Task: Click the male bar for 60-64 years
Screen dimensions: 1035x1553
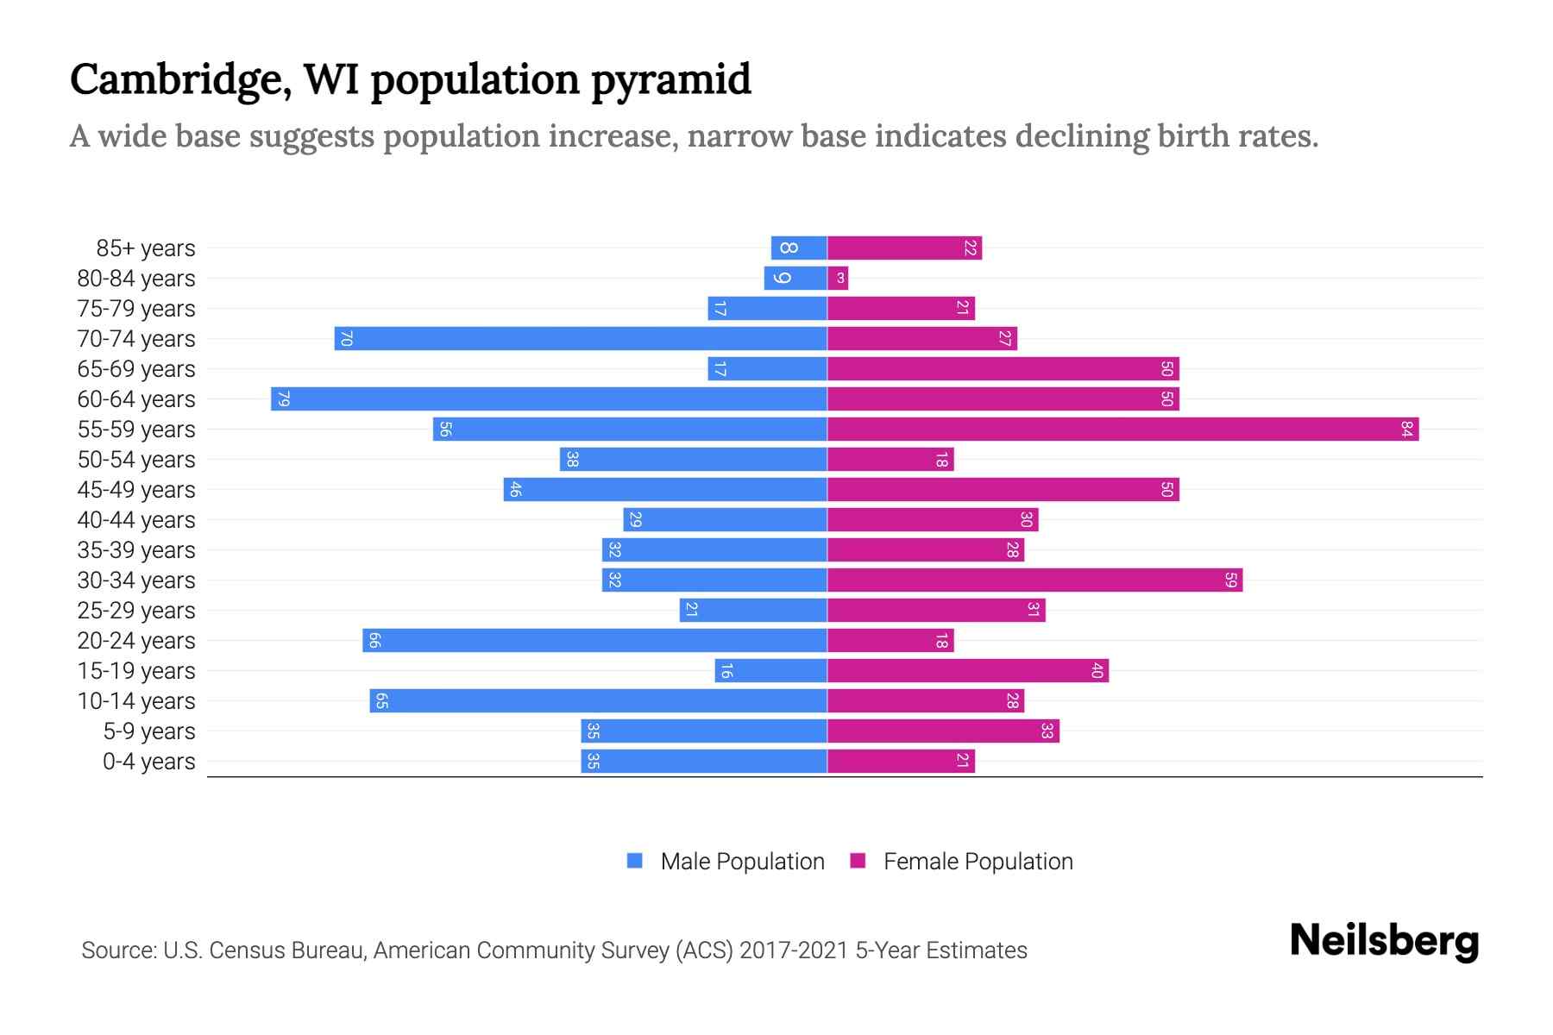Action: pos(549,399)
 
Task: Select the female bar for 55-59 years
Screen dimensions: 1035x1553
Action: pos(1122,430)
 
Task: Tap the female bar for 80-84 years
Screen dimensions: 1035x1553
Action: pos(838,279)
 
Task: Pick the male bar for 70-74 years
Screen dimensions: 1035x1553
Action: pos(581,339)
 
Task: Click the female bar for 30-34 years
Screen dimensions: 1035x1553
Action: pos(1034,580)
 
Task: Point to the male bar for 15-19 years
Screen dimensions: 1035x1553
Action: pos(770,671)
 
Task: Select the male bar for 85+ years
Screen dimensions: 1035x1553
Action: pos(799,248)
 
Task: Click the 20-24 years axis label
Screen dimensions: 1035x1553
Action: pos(136,641)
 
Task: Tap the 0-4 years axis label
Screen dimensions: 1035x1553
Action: pos(148,762)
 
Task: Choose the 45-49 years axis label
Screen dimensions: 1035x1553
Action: pos(136,490)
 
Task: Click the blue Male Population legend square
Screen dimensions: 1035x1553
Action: pos(635,861)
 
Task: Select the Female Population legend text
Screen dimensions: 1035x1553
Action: pos(978,862)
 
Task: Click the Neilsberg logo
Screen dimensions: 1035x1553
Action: pos(1384,941)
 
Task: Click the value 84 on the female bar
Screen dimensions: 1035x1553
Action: pos(1406,430)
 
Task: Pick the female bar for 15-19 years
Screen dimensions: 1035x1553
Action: pos(968,671)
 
